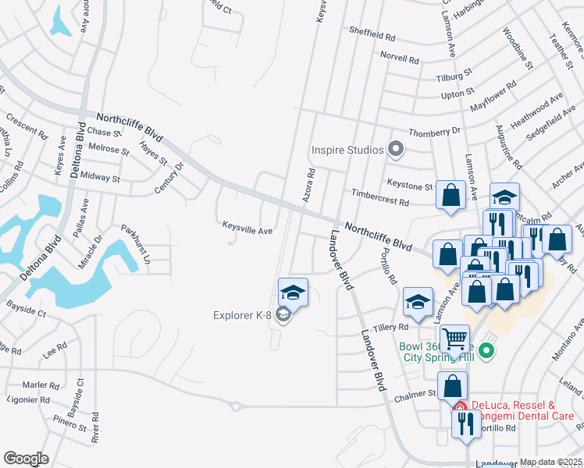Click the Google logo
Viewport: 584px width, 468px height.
(26, 458)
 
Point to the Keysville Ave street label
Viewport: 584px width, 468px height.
(247, 231)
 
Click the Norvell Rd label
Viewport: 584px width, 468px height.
(400, 59)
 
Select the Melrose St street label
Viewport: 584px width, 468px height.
(109, 148)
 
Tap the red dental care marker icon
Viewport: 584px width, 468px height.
(461, 406)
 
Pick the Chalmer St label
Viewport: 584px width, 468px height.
(420, 394)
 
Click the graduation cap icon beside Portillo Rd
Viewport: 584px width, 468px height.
(418, 303)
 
